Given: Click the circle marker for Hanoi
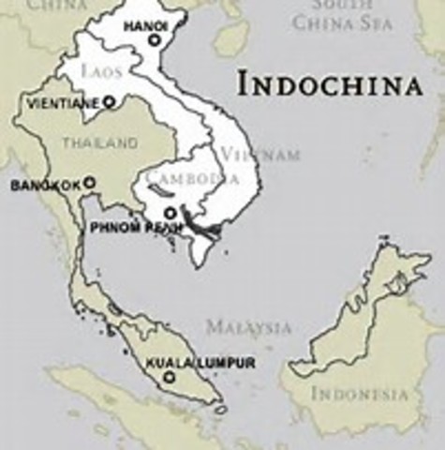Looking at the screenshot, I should point(155,41).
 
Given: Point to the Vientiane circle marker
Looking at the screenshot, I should point(109,101).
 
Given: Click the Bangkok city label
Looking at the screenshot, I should point(45,186).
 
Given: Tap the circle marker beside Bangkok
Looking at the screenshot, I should point(90,183).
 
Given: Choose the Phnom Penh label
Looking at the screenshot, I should point(128,228).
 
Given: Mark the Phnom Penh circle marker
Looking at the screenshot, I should point(170,213).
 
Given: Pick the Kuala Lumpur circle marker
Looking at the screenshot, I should point(169,378).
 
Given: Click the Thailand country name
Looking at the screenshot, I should point(99,143).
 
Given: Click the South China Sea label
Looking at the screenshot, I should point(342,15).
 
